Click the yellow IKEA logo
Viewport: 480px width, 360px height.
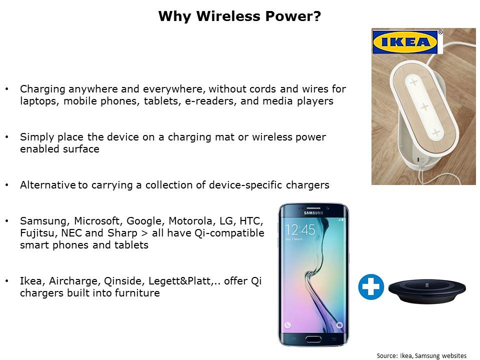click(405, 42)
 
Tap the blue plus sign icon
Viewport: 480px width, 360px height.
click(371, 287)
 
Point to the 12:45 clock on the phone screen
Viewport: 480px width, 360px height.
click(299, 229)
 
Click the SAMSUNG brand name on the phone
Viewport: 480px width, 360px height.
click(313, 213)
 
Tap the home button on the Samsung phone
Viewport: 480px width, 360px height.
click(313, 339)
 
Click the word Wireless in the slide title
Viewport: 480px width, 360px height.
click(228, 16)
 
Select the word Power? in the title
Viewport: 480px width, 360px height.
click(293, 16)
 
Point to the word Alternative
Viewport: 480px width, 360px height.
click(48, 185)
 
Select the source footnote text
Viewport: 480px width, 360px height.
click(421, 355)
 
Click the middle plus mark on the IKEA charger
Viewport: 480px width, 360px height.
click(424, 107)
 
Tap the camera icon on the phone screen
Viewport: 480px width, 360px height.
click(339, 325)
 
